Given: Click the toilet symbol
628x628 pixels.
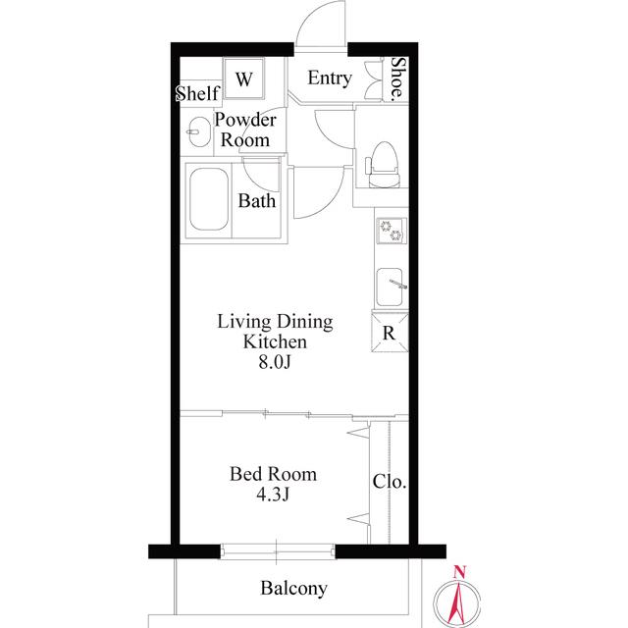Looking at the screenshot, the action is tap(383, 164).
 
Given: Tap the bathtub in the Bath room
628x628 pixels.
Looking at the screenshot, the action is tap(209, 199).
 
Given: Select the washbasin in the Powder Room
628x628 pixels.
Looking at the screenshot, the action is tap(198, 131).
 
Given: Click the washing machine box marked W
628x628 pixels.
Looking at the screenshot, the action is tap(244, 78).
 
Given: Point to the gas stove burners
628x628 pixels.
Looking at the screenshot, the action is tap(391, 231).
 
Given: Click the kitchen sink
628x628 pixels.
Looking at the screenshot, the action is tap(391, 288).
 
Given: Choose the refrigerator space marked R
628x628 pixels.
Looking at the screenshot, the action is tap(390, 333).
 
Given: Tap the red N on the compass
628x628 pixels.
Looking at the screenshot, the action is tap(459, 571).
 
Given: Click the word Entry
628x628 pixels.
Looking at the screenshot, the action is tap(330, 78).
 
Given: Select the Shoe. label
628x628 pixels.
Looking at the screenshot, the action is tap(397, 78).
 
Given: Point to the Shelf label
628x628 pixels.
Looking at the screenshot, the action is tap(198, 93).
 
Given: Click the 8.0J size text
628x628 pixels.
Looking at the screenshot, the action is tap(275, 362).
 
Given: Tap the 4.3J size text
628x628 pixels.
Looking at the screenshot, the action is tap(273, 495).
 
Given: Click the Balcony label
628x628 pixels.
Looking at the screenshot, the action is tap(293, 589).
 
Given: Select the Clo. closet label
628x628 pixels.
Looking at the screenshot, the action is tap(390, 481).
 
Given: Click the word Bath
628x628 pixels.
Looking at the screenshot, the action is tap(257, 200).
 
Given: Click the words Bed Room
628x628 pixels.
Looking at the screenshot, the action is tap(273, 474).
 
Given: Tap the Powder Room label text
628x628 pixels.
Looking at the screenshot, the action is tap(245, 130).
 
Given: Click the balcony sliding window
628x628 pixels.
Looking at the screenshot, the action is tap(277, 550).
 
